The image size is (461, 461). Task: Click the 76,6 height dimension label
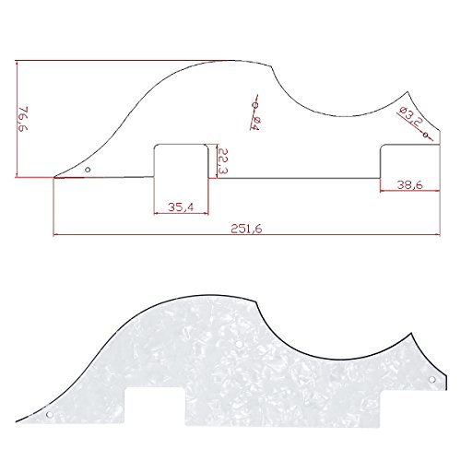(23, 119)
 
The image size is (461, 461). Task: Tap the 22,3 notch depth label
(223, 161)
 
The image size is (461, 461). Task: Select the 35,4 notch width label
(181, 207)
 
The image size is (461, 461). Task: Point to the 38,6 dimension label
(409, 184)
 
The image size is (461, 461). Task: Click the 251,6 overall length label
(246, 229)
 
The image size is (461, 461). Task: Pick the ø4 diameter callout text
(255, 123)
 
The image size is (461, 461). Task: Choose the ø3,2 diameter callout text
(411, 116)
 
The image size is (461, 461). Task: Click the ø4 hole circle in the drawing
(254, 105)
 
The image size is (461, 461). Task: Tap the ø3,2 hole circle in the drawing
(425, 135)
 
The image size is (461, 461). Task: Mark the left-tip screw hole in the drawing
(88, 170)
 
